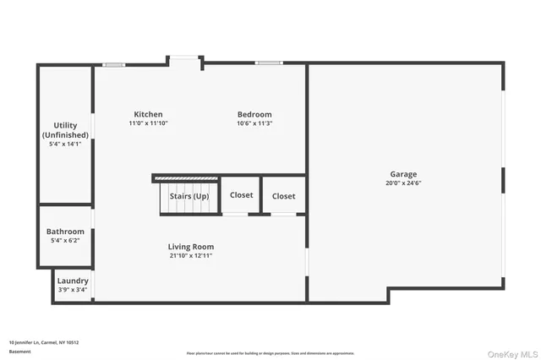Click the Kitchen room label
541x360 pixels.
[x=148, y=115]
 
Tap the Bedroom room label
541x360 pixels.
[x=254, y=115]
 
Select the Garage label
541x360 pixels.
[x=403, y=174]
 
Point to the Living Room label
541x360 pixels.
[x=190, y=247]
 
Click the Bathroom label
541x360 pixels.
[x=65, y=232]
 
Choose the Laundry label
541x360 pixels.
[x=72, y=281]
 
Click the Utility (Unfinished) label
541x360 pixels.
[x=65, y=130]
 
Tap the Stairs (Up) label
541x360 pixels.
[x=189, y=196]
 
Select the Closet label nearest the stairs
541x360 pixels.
[x=241, y=195]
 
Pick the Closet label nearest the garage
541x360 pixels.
[x=283, y=196]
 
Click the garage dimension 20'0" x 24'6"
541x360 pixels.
[x=403, y=183]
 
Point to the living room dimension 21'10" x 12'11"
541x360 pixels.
[x=190, y=255]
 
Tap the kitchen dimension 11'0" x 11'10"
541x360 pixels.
[x=148, y=123]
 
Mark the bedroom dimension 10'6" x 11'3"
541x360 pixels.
[x=254, y=123]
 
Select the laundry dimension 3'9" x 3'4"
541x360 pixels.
[x=72, y=290]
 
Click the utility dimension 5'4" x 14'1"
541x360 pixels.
[x=65, y=144]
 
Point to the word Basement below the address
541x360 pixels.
[x=19, y=352]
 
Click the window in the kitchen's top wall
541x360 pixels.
[x=113, y=64]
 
